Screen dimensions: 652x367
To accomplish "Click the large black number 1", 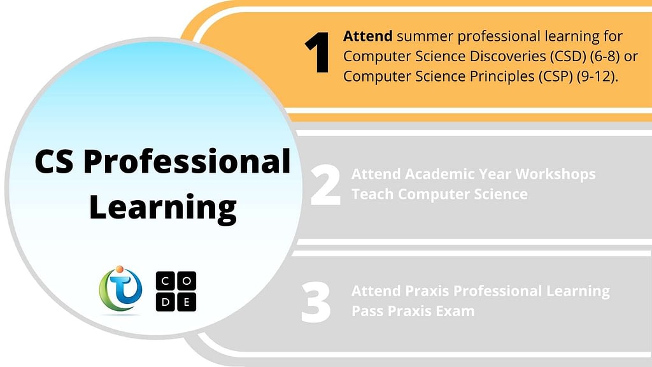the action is tap(318, 53).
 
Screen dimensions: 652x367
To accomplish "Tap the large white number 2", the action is tap(325, 185).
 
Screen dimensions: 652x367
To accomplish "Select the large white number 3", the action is tap(316, 302).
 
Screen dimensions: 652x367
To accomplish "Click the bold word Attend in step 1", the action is tap(367, 36).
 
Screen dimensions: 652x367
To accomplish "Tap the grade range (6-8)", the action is tap(605, 56).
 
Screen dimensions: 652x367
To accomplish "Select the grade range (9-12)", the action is tap(596, 76).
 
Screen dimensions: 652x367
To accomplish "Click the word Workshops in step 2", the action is tap(555, 174).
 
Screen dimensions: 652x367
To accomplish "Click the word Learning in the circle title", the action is tap(162, 207).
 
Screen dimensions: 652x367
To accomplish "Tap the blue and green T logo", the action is tap(120, 289).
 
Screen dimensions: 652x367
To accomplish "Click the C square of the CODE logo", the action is tap(165, 281).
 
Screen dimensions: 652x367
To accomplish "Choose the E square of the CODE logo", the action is tap(187, 302).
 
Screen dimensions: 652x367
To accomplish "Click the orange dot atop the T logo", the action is tap(120, 270).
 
